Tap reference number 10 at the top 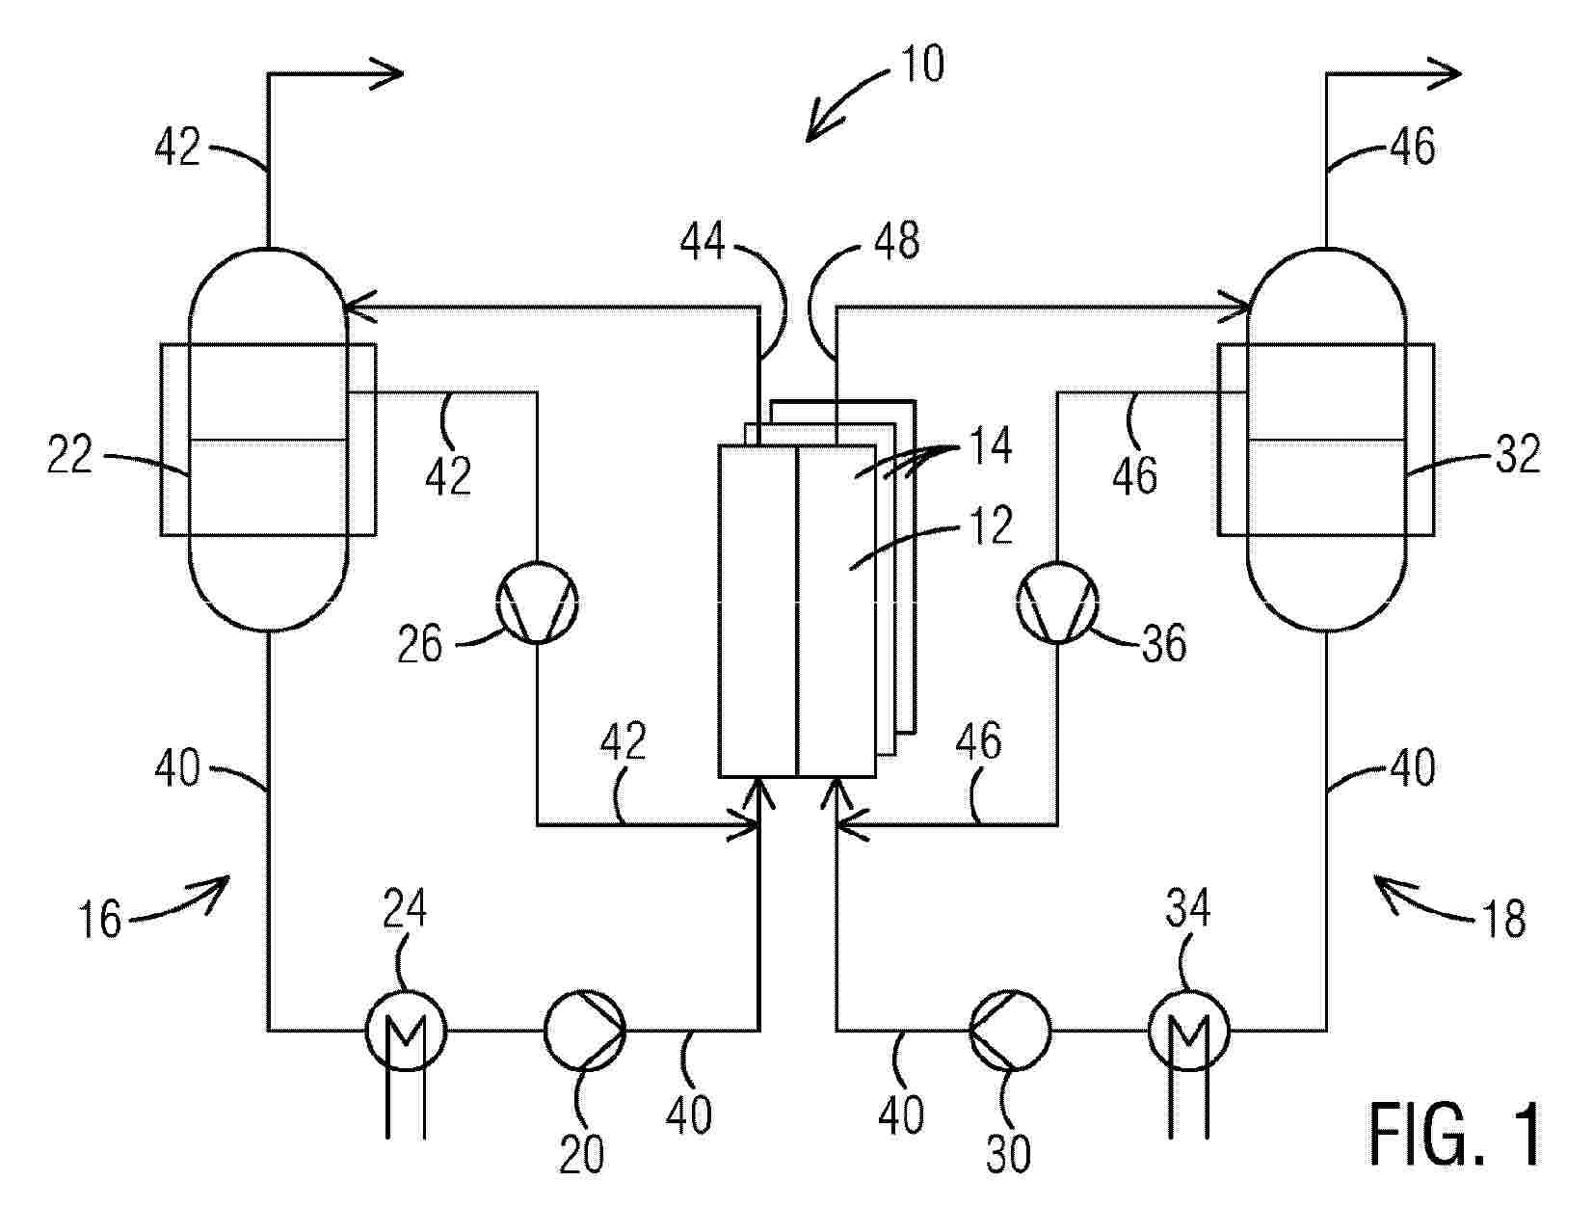pyautogui.click(x=921, y=64)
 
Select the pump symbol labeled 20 pyautogui.click(x=584, y=1030)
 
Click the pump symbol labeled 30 pyautogui.click(x=1010, y=1030)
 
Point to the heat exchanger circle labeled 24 pyautogui.click(x=406, y=1030)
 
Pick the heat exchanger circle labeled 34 pyautogui.click(x=1189, y=1030)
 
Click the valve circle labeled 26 pyautogui.click(x=537, y=602)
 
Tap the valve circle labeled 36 pyautogui.click(x=1057, y=602)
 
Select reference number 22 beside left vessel pyautogui.click(x=69, y=454)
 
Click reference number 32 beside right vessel pyautogui.click(x=1518, y=454)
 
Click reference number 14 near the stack pyautogui.click(x=991, y=445)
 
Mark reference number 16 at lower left pyautogui.click(x=99, y=919)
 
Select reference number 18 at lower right pyautogui.click(x=1503, y=919)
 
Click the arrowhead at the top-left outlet pyautogui.click(x=386, y=73)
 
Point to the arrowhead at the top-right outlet pyautogui.click(x=1444, y=73)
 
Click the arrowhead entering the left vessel pyautogui.click(x=360, y=308)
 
